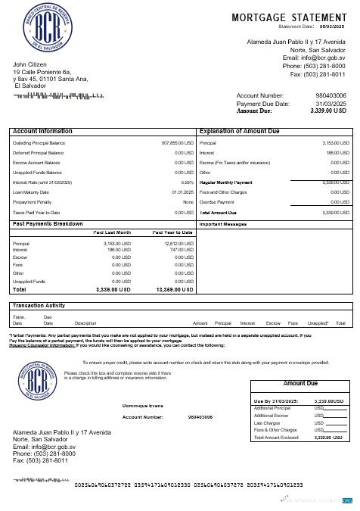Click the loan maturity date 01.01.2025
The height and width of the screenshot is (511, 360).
[182, 192]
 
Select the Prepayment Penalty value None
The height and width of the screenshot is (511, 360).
[188, 202]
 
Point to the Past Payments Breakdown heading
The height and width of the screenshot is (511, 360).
[48, 224]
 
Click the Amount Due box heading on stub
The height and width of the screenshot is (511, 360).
[299, 384]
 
